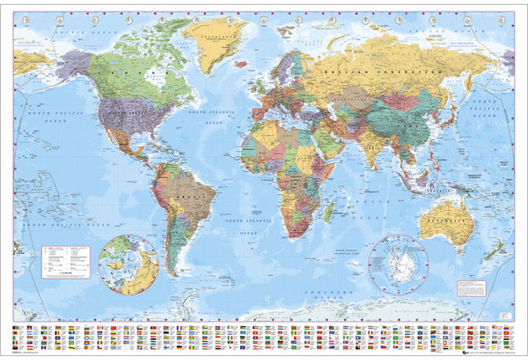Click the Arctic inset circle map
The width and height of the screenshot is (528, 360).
click(129, 264)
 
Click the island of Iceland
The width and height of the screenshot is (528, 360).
click(240, 64)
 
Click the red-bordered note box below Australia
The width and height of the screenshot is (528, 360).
click(471, 288)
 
